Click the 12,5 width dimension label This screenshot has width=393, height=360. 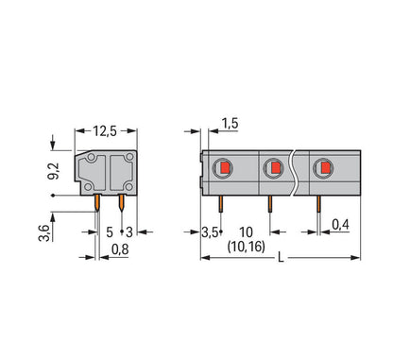pos(105,131)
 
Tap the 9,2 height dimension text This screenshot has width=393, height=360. pos(54,171)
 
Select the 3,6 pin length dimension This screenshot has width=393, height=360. pos(44,233)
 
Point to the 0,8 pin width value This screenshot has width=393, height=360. pos(120,249)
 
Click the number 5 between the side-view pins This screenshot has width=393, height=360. pos(110,232)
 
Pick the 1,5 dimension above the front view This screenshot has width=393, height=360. pos(230,124)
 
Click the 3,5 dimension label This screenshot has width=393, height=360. pos(210,232)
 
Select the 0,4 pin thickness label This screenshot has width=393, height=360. pos(341,225)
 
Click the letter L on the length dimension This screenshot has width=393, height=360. pos(281,258)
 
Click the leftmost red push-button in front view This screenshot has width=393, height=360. pos(225,167)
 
